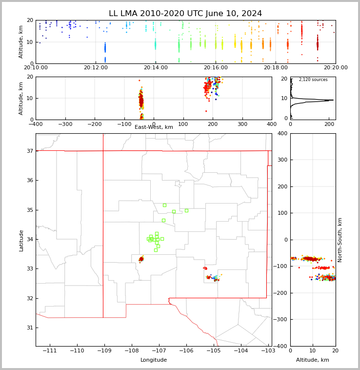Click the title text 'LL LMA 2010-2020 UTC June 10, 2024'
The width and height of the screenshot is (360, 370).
(x=185, y=14)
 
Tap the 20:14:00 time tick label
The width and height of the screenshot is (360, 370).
(x=156, y=67)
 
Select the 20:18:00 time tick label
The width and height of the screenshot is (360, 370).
(x=276, y=67)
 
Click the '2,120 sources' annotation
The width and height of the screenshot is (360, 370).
(x=313, y=80)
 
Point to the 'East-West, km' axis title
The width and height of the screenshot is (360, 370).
(x=154, y=127)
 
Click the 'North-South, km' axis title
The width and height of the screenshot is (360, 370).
(x=340, y=240)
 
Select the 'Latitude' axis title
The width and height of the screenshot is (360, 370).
(x=21, y=241)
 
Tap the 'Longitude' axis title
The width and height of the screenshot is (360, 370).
(x=154, y=360)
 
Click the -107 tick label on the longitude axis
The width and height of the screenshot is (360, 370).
(x=159, y=350)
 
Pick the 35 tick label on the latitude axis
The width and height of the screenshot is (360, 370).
(x=30, y=210)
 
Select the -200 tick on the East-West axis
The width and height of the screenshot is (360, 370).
(x=95, y=124)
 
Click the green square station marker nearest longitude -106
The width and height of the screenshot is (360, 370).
(x=186, y=210)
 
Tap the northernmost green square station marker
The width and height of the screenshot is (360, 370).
(x=164, y=206)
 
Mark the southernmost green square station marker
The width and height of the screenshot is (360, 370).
(x=156, y=250)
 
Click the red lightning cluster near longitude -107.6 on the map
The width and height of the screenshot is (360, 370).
(x=141, y=259)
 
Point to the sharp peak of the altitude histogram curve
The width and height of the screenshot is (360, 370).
(x=333, y=100)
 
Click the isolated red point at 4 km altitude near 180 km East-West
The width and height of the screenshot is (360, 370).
(x=206, y=111)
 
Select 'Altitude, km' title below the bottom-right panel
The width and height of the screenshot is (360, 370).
(x=312, y=360)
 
